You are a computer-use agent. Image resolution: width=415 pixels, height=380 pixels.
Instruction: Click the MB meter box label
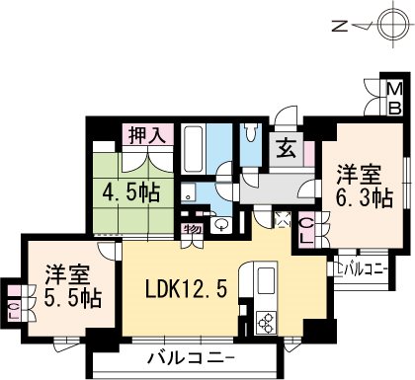394,99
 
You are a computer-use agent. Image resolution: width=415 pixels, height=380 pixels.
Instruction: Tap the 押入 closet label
147,135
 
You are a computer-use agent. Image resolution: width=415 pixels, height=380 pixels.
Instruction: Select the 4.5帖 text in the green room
131,192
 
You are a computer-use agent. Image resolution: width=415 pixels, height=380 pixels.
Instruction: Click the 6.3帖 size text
364,197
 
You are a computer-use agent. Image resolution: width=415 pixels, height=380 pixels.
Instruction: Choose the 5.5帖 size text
72,298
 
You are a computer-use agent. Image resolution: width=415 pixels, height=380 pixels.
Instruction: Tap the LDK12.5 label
186,290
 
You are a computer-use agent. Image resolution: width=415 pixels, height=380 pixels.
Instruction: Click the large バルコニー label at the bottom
191,358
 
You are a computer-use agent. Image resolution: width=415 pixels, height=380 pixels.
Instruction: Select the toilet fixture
251,132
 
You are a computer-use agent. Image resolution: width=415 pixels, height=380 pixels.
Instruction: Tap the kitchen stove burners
265,322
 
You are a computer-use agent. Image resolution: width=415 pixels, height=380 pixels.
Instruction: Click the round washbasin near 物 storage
221,224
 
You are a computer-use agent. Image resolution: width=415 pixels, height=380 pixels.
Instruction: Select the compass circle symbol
393,25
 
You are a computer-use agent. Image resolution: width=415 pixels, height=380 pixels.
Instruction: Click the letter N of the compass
339,26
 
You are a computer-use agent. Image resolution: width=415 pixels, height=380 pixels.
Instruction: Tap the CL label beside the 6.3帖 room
306,231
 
